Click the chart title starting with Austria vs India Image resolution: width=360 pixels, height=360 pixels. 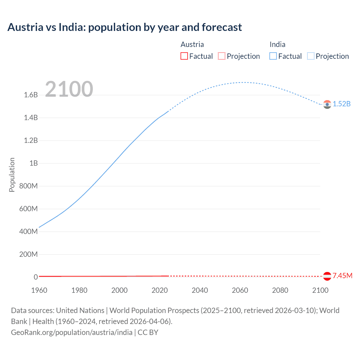125,27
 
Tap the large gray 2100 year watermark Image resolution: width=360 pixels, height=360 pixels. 69,89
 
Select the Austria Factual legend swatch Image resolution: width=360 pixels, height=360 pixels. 184,56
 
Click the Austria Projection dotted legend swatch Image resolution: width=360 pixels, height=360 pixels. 222,56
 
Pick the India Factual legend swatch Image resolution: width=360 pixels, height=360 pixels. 273,56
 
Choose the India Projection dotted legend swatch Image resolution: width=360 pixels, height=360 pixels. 310,56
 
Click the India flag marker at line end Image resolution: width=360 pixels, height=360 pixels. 327,104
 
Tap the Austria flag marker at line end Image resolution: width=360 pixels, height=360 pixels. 327,276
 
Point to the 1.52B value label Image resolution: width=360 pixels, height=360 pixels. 342,104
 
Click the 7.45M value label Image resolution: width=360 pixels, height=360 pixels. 342,276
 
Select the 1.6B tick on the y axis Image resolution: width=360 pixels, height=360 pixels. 31,95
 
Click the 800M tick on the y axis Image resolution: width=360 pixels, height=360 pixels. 28,186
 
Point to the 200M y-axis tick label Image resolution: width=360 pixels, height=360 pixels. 28,255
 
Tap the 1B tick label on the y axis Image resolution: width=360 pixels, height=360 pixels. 33,163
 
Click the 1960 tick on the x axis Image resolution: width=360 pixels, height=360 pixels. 39,290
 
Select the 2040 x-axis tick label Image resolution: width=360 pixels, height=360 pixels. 200,290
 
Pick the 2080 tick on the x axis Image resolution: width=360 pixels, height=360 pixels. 280,290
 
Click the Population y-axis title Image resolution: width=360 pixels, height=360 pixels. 12,175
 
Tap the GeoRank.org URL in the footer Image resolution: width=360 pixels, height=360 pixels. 72,332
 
